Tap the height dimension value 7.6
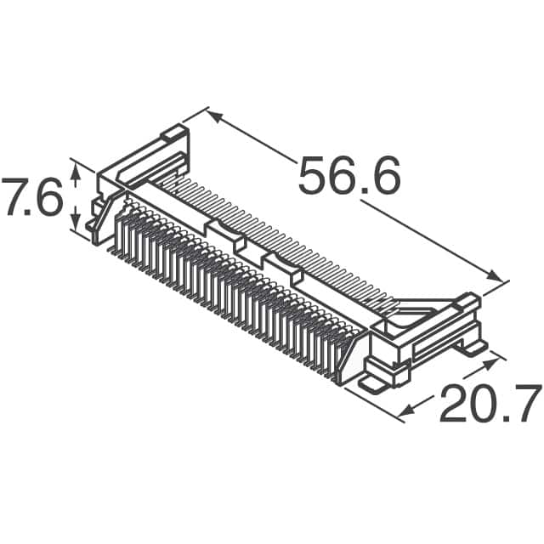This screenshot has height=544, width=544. pos(32,198)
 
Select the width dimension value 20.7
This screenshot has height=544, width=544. pos(490,405)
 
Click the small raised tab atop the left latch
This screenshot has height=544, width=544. pos(173,133)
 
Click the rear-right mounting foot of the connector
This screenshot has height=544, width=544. pos(470,346)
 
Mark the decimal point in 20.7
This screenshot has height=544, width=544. pos(507,420)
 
